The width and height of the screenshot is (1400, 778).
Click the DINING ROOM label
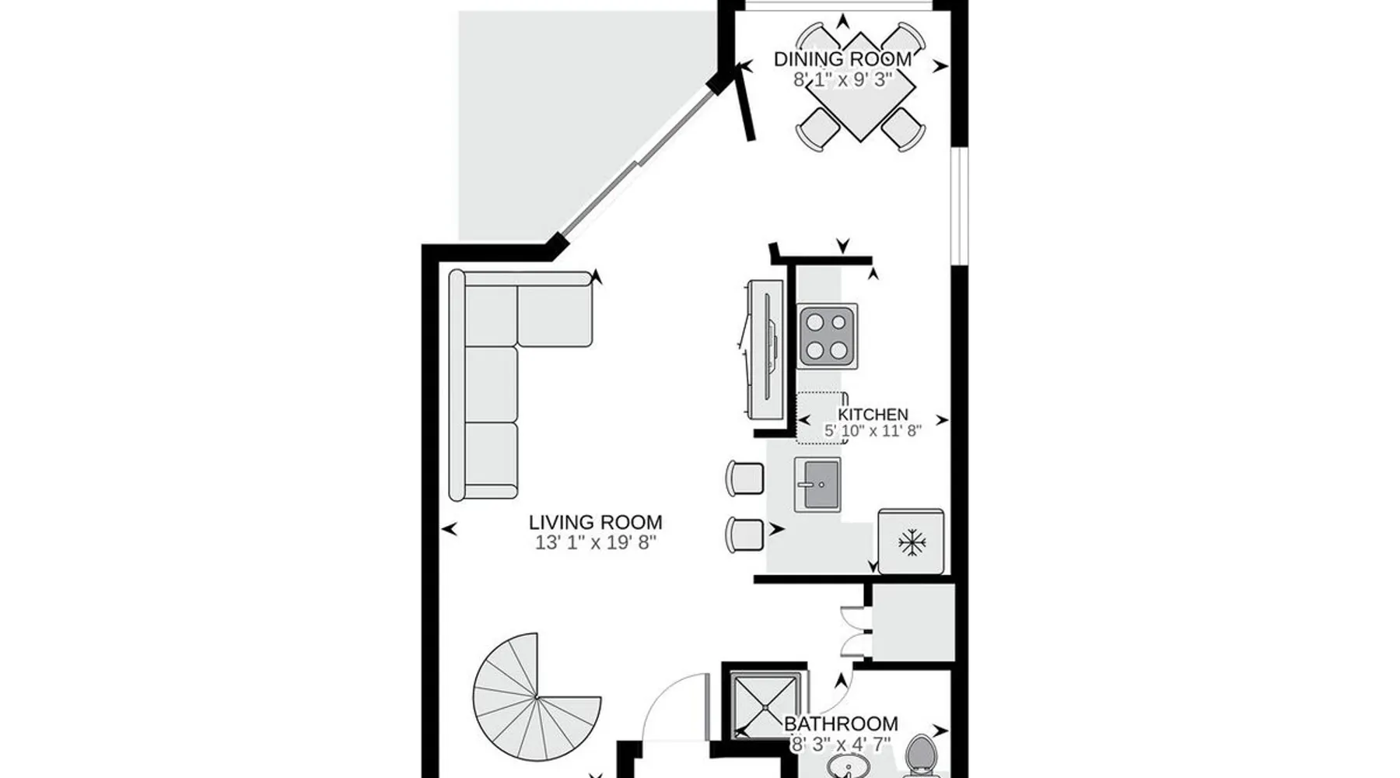[x=842, y=59]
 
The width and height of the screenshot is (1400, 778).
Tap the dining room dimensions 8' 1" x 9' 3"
[x=843, y=79]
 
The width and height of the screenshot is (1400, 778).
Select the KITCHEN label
[x=873, y=415]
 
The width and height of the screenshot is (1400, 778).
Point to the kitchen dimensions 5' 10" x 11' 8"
[x=873, y=430]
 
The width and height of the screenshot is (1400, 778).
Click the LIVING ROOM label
[x=596, y=522]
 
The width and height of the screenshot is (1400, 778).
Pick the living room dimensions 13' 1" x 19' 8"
[x=596, y=542]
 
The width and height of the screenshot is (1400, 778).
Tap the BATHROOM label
[x=841, y=724]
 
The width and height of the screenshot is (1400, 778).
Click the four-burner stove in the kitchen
[x=828, y=336]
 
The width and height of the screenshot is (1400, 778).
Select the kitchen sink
[x=817, y=485]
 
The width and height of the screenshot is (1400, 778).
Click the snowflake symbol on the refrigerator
[x=911, y=542]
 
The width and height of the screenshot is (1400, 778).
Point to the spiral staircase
[x=537, y=696]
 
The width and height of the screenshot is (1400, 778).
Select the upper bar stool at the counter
[x=744, y=478]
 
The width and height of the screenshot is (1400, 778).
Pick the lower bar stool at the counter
[x=744, y=534]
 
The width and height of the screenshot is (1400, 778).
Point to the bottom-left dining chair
[x=817, y=128]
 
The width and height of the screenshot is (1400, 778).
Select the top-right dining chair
[x=903, y=43]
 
